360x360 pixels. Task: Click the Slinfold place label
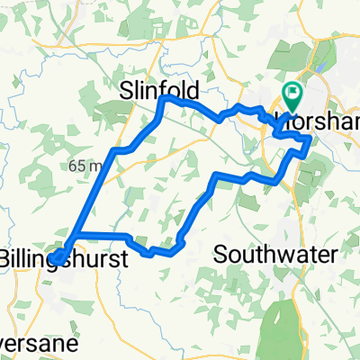pyautogui.click(x=158, y=91)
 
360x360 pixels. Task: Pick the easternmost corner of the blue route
pyautogui.click(x=311, y=139)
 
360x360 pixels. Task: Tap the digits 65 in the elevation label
pyautogui.click(x=74, y=166)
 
